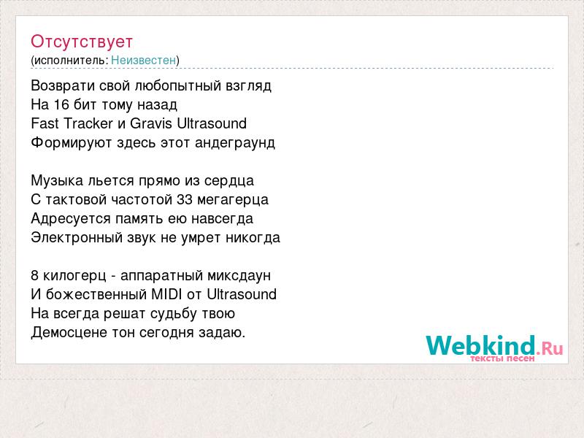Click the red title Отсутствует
coord(82,42)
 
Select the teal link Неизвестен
coord(143,60)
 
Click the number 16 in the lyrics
coord(61,104)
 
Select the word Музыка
coord(57,181)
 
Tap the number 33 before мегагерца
coord(185,199)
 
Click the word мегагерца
coord(233,200)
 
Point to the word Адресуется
coord(71,219)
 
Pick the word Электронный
coord(77,238)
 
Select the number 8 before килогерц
coord(34,276)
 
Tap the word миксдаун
coord(239,276)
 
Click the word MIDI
coord(166,294)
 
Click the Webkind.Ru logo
coord(494,345)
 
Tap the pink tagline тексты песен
coord(502,358)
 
